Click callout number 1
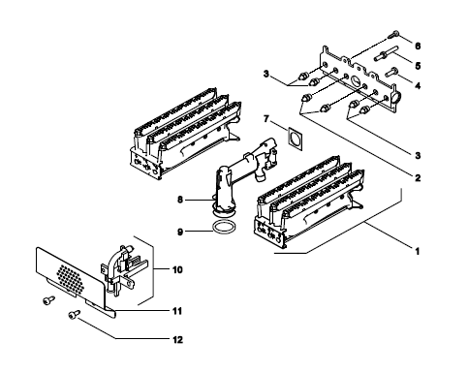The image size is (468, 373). [418, 251]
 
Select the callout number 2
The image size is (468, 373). [418, 177]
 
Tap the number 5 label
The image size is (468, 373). [418, 66]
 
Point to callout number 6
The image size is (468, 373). [418, 46]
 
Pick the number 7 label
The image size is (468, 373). [266, 119]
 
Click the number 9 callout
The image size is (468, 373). [180, 232]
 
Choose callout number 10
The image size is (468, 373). [177, 269]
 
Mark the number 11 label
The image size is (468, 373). [177, 311]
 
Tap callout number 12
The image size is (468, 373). [177, 340]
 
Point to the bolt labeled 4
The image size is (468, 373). [391, 71]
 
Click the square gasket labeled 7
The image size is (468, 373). [295, 139]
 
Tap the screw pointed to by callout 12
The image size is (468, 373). [75, 314]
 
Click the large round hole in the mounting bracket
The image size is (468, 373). [356, 80]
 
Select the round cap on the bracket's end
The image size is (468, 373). [395, 97]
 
